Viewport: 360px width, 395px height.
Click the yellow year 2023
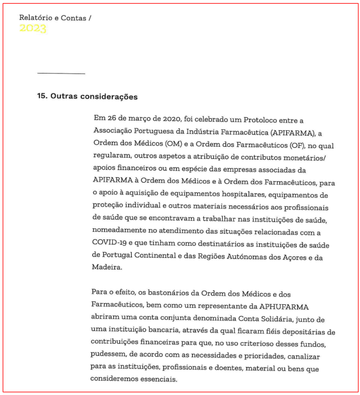(x=33, y=29)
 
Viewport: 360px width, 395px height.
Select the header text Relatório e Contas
(x=53, y=18)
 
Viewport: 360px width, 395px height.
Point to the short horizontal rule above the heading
(x=61, y=74)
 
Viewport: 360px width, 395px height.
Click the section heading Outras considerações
(x=94, y=97)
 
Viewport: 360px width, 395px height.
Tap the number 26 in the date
(x=111, y=120)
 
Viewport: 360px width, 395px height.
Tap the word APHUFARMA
(x=284, y=306)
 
